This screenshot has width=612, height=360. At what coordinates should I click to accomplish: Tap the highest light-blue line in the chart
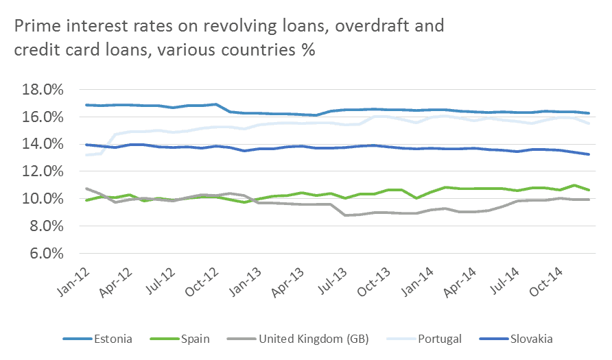(x=274, y=114)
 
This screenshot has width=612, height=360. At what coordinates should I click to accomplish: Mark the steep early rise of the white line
(x=108, y=143)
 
